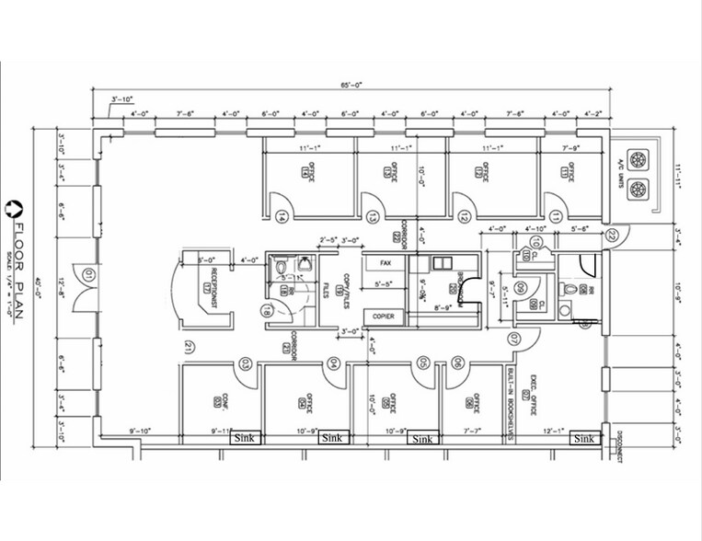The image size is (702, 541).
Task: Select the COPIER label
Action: click(385, 317)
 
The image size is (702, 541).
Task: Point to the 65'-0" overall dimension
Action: click(351, 86)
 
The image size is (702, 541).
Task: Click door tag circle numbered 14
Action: click(280, 217)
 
